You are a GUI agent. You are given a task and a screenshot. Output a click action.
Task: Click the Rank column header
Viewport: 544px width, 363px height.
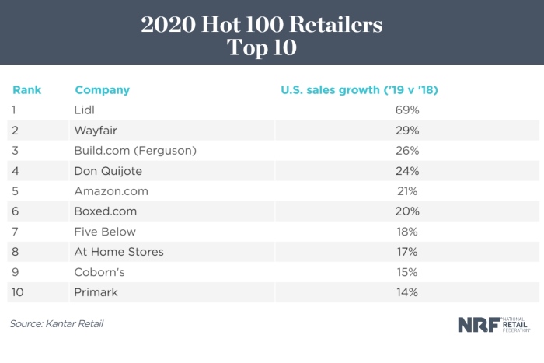click(26, 90)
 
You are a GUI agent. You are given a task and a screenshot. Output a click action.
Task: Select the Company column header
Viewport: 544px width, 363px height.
click(102, 90)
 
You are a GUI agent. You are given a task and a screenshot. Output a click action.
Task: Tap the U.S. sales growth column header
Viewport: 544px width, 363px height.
click(359, 90)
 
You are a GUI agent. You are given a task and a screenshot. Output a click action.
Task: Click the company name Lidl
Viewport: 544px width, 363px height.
click(84, 110)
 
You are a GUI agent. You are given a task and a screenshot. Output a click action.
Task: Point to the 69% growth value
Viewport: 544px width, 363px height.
click(406, 110)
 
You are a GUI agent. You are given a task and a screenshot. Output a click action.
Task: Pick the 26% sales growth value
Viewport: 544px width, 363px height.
click(406, 151)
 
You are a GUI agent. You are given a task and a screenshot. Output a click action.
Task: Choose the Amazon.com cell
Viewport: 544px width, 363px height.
click(110, 191)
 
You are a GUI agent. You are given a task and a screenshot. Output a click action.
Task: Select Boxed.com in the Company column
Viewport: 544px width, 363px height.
click(105, 211)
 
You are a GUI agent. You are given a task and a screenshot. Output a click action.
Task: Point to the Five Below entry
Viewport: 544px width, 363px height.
click(105, 232)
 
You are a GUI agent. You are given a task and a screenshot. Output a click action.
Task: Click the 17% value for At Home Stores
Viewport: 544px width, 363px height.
click(406, 252)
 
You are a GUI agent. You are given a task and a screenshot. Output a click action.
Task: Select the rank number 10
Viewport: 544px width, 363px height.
click(18, 292)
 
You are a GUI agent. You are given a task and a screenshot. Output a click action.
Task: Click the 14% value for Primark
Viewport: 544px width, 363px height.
click(406, 292)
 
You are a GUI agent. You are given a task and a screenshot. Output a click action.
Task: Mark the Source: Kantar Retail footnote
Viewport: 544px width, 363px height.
click(57, 323)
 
